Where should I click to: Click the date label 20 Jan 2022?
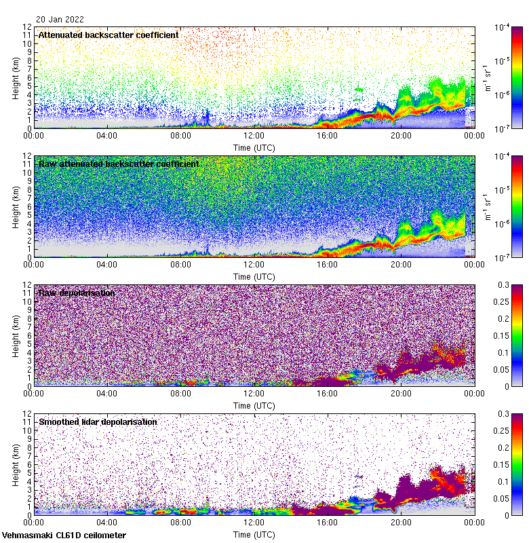60,20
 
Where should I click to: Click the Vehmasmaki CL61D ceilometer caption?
64,536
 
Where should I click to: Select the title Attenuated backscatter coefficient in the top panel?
109,35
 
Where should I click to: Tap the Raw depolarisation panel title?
76,293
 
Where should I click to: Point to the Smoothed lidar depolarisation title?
98,422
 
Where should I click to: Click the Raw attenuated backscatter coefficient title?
119,164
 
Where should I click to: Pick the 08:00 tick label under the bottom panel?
180,522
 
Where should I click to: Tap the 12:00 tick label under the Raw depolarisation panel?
254,393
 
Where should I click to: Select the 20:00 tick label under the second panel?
400,264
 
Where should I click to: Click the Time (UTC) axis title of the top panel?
254,147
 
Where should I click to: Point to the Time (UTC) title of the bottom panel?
254,534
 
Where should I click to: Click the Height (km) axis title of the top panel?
16,77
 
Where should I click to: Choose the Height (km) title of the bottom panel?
16,464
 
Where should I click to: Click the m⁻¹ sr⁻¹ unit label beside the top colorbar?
486,77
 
